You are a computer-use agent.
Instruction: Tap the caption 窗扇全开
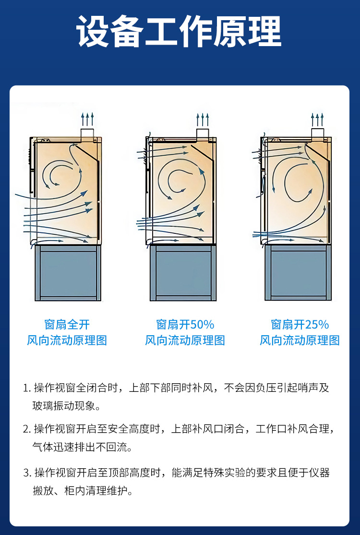coord(67,324)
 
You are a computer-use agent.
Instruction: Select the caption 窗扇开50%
coord(185,324)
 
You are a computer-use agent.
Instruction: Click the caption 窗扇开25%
coord(300,324)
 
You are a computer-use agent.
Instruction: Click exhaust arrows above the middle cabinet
coord(203,119)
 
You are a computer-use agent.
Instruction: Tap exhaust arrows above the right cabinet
coord(317,119)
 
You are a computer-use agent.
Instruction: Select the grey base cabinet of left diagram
coord(68,273)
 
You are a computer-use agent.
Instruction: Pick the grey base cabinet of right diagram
coord(298,273)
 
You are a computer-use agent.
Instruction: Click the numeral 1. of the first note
coord(27,388)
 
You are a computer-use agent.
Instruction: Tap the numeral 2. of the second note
coord(27,429)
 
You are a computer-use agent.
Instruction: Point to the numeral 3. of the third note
coord(27,473)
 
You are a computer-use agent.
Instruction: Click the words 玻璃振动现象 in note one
coord(66,407)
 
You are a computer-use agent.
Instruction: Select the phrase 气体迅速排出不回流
coord(82,447)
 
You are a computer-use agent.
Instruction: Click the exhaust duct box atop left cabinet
coord(87,133)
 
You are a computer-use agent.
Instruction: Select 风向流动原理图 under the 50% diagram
coord(185,340)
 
